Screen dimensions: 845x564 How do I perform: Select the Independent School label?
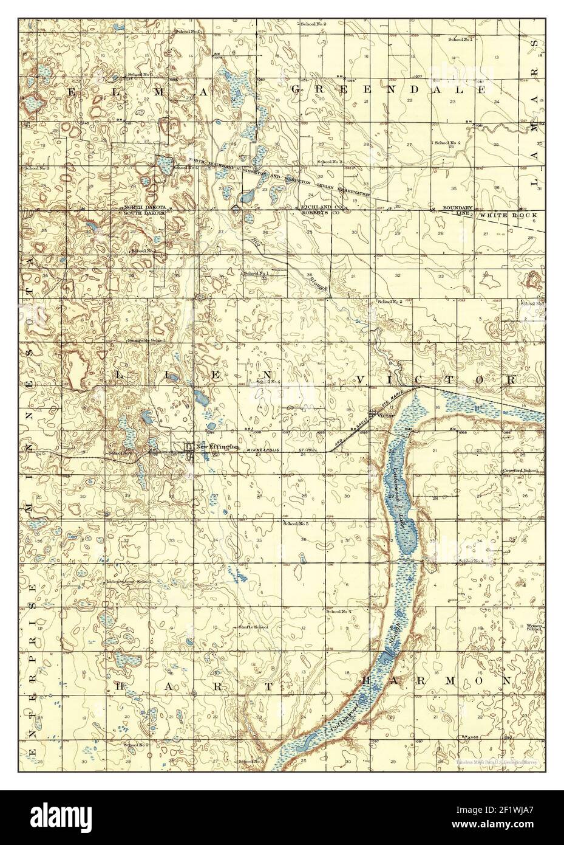coord(129,582)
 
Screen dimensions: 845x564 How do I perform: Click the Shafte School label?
coord(254,627)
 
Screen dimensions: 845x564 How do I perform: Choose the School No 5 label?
coord(296,523)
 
